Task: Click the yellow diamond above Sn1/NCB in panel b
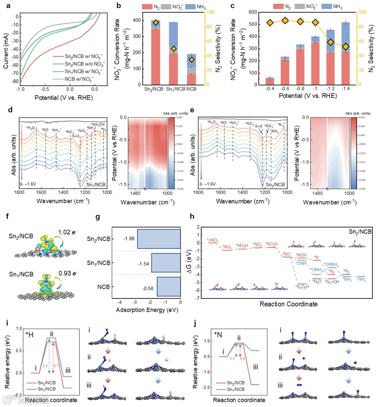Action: [173, 49]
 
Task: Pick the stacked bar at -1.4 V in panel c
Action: [346, 53]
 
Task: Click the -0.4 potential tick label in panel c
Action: [269, 89]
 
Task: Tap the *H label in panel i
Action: [30, 335]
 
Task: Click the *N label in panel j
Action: [217, 335]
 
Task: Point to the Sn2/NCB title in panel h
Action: [360, 232]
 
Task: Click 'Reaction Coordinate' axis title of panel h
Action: [288, 304]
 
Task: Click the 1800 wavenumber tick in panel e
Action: [198, 192]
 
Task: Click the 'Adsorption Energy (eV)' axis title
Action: [147, 310]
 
